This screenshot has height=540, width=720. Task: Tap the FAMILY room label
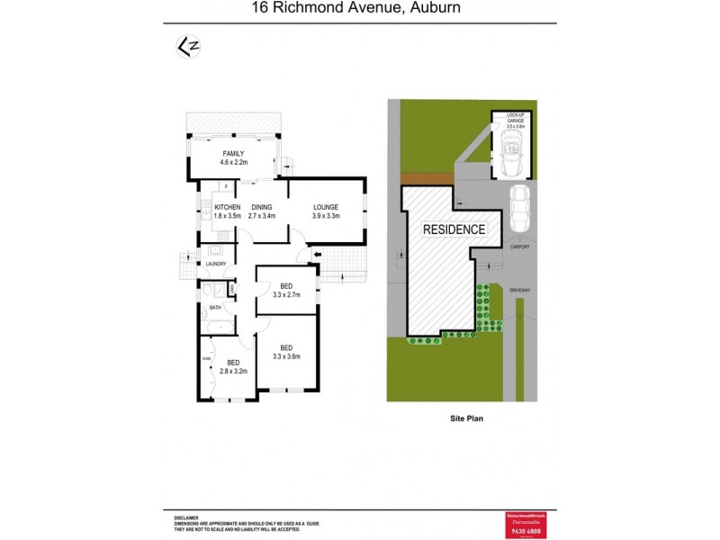pyautogui.click(x=233, y=153)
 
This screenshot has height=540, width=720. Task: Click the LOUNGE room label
pyautogui.click(x=325, y=206)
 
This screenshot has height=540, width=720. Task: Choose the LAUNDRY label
pyautogui.click(x=215, y=264)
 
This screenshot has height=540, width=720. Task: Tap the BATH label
pyautogui.click(x=215, y=308)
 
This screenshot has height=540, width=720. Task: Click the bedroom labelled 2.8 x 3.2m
pyautogui.click(x=232, y=365)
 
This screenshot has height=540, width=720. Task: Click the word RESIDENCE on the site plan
pyautogui.click(x=454, y=229)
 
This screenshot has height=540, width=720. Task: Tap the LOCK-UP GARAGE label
pyautogui.click(x=514, y=119)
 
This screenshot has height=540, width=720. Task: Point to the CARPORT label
pyautogui.click(x=519, y=246)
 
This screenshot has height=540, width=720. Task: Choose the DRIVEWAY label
pyautogui.click(x=520, y=290)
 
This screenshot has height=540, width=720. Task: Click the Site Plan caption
pyautogui.click(x=468, y=418)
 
